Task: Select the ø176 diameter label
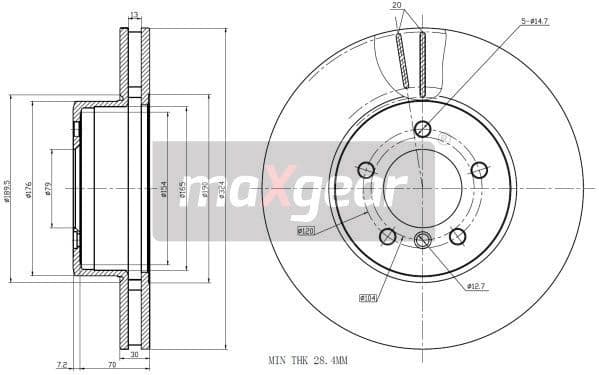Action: pos(29,188)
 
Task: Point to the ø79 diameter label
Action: pos(48,188)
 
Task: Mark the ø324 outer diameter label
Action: pos(221,188)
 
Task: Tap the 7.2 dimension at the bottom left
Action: pos(62,365)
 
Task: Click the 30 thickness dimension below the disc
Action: pos(133,355)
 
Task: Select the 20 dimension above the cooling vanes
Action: pos(397,6)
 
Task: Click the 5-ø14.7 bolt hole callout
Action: pos(535,21)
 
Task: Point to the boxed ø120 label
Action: pos(306,231)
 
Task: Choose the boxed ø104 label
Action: pos(367,297)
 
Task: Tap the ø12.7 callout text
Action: pos(476,286)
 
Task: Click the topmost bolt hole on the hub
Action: pos(422,129)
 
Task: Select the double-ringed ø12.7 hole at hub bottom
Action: pos(422,239)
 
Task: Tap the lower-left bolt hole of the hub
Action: pos(387,236)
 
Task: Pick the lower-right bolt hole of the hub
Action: pos(457,236)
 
